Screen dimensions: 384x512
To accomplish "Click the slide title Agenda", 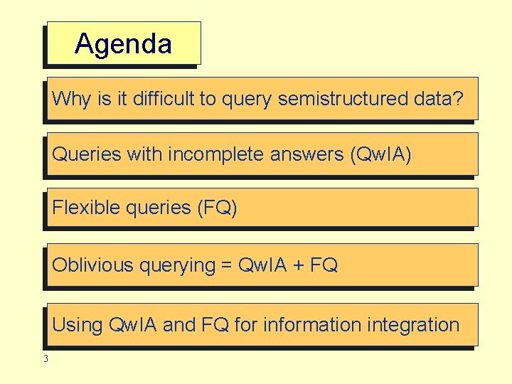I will tap(123, 44).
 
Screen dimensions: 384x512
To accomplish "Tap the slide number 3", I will tap(46, 359).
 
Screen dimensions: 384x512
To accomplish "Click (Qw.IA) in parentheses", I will tap(381, 154).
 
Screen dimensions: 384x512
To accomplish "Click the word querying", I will tap(177, 265).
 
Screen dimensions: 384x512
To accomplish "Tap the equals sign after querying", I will tap(227, 265).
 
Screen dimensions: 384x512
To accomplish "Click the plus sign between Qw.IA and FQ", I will tap(299, 265).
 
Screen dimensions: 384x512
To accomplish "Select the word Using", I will tap(78, 325).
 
